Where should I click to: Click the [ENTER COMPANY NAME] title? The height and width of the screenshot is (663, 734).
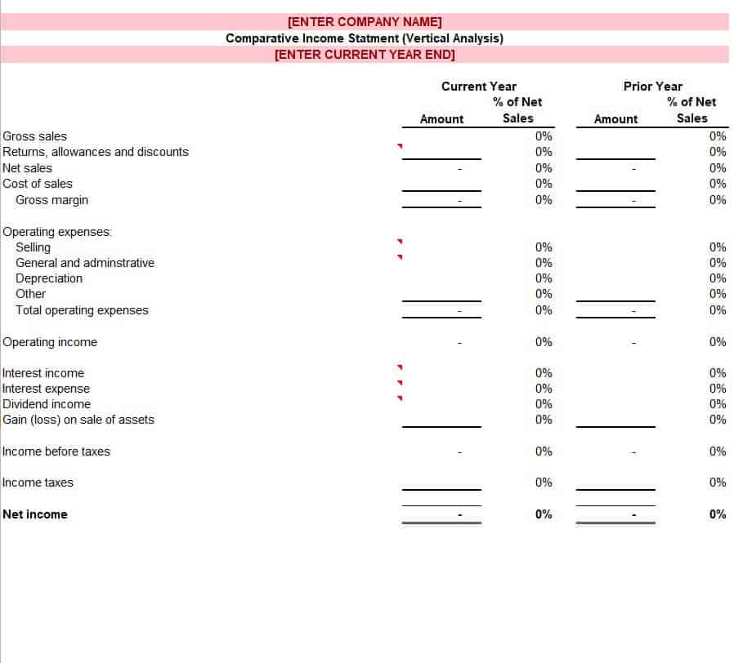[x=365, y=22]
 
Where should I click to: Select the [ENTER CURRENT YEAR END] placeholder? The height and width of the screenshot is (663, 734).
[x=365, y=55]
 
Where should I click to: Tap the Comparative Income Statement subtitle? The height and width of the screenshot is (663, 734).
[x=365, y=38]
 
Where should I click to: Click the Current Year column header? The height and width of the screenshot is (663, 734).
[x=479, y=87]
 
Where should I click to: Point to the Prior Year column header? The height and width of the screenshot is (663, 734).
[x=652, y=87]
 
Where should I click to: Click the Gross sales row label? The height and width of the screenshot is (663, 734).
[x=35, y=136]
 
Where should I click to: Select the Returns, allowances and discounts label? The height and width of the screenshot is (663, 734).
[x=96, y=152]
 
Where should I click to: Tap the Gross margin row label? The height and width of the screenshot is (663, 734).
[x=51, y=200]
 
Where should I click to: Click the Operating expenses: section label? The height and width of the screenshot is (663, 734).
[x=57, y=232]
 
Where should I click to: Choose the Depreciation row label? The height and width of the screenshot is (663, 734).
[x=49, y=278]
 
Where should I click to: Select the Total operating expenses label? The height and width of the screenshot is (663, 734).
[x=82, y=310]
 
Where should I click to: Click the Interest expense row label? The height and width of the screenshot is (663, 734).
[x=46, y=389]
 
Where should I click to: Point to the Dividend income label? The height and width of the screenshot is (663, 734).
[x=47, y=404]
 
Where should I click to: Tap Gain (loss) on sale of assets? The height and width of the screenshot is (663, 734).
[x=78, y=420]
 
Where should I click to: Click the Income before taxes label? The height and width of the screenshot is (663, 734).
[x=56, y=452]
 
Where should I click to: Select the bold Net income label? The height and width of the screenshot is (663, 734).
[x=35, y=514]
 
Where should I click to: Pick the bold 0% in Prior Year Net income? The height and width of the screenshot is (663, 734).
[x=717, y=514]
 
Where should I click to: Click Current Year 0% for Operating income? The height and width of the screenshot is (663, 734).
[x=544, y=342]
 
